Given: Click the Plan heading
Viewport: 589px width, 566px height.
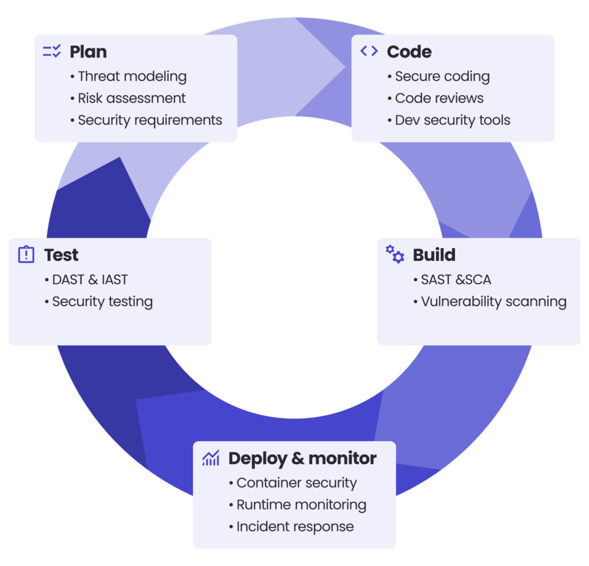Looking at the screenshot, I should (88, 52).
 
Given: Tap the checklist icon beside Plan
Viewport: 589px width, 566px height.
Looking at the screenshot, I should (52, 51).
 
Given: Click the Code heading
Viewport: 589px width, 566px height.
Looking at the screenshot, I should (409, 52).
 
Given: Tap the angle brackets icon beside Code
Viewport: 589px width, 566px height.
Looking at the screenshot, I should (369, 51).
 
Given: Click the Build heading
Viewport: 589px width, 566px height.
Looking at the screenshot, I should (434, 255).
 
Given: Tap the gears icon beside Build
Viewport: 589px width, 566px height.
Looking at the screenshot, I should (395, 254).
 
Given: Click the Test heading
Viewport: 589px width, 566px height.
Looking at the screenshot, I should (62, 255).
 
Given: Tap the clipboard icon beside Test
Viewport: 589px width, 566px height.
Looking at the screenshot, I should (26, 254).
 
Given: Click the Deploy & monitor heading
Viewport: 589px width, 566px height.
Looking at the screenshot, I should (302, 458).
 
